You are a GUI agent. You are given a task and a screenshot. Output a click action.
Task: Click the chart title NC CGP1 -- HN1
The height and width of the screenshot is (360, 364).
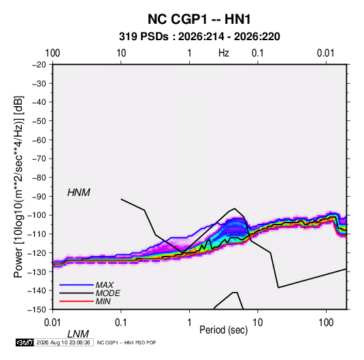point(199,19)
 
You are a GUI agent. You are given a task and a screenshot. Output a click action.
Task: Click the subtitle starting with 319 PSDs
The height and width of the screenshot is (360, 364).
point(199,37)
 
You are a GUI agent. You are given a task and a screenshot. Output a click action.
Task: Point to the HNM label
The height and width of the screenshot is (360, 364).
point(79,193)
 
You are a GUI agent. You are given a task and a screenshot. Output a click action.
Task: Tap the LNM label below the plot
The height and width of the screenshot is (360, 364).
point(78,334)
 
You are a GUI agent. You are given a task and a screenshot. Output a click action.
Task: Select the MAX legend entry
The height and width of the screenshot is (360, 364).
point(105,285)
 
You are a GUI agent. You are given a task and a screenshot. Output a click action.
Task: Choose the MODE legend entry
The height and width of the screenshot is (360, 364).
point(107,293)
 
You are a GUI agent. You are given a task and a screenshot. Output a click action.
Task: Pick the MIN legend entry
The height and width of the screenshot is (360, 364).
point(103,301)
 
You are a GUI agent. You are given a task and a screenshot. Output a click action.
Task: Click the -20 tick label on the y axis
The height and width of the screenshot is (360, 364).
point(39,65)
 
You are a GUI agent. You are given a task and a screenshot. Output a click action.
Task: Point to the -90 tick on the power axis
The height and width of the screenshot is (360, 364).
point(39,197)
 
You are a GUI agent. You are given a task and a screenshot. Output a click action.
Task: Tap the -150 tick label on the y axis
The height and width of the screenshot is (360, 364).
point(37,310)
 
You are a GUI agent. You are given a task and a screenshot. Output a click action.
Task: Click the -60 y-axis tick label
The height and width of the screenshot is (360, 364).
point(39,140)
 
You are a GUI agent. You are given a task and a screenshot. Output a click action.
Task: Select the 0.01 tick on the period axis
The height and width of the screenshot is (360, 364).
point(52,323)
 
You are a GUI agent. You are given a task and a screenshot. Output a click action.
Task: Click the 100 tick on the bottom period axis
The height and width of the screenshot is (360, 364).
point(326,323)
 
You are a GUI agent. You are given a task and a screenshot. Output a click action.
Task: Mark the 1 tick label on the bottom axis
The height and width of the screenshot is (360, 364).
point(189,323)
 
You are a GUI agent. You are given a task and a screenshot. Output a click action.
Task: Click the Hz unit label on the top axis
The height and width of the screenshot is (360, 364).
point(224,53)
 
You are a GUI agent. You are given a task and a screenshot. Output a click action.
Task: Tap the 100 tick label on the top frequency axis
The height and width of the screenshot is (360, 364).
point(52,53)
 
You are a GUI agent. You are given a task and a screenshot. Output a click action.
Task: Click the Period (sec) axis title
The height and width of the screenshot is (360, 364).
point(224,330)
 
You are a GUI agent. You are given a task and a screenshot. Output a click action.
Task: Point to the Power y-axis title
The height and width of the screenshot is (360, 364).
point(18,187)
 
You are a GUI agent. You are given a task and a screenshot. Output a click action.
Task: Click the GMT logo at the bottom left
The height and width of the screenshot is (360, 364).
point(25,342)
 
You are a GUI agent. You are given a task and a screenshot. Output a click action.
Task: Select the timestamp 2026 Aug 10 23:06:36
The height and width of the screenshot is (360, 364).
point(63,342)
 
